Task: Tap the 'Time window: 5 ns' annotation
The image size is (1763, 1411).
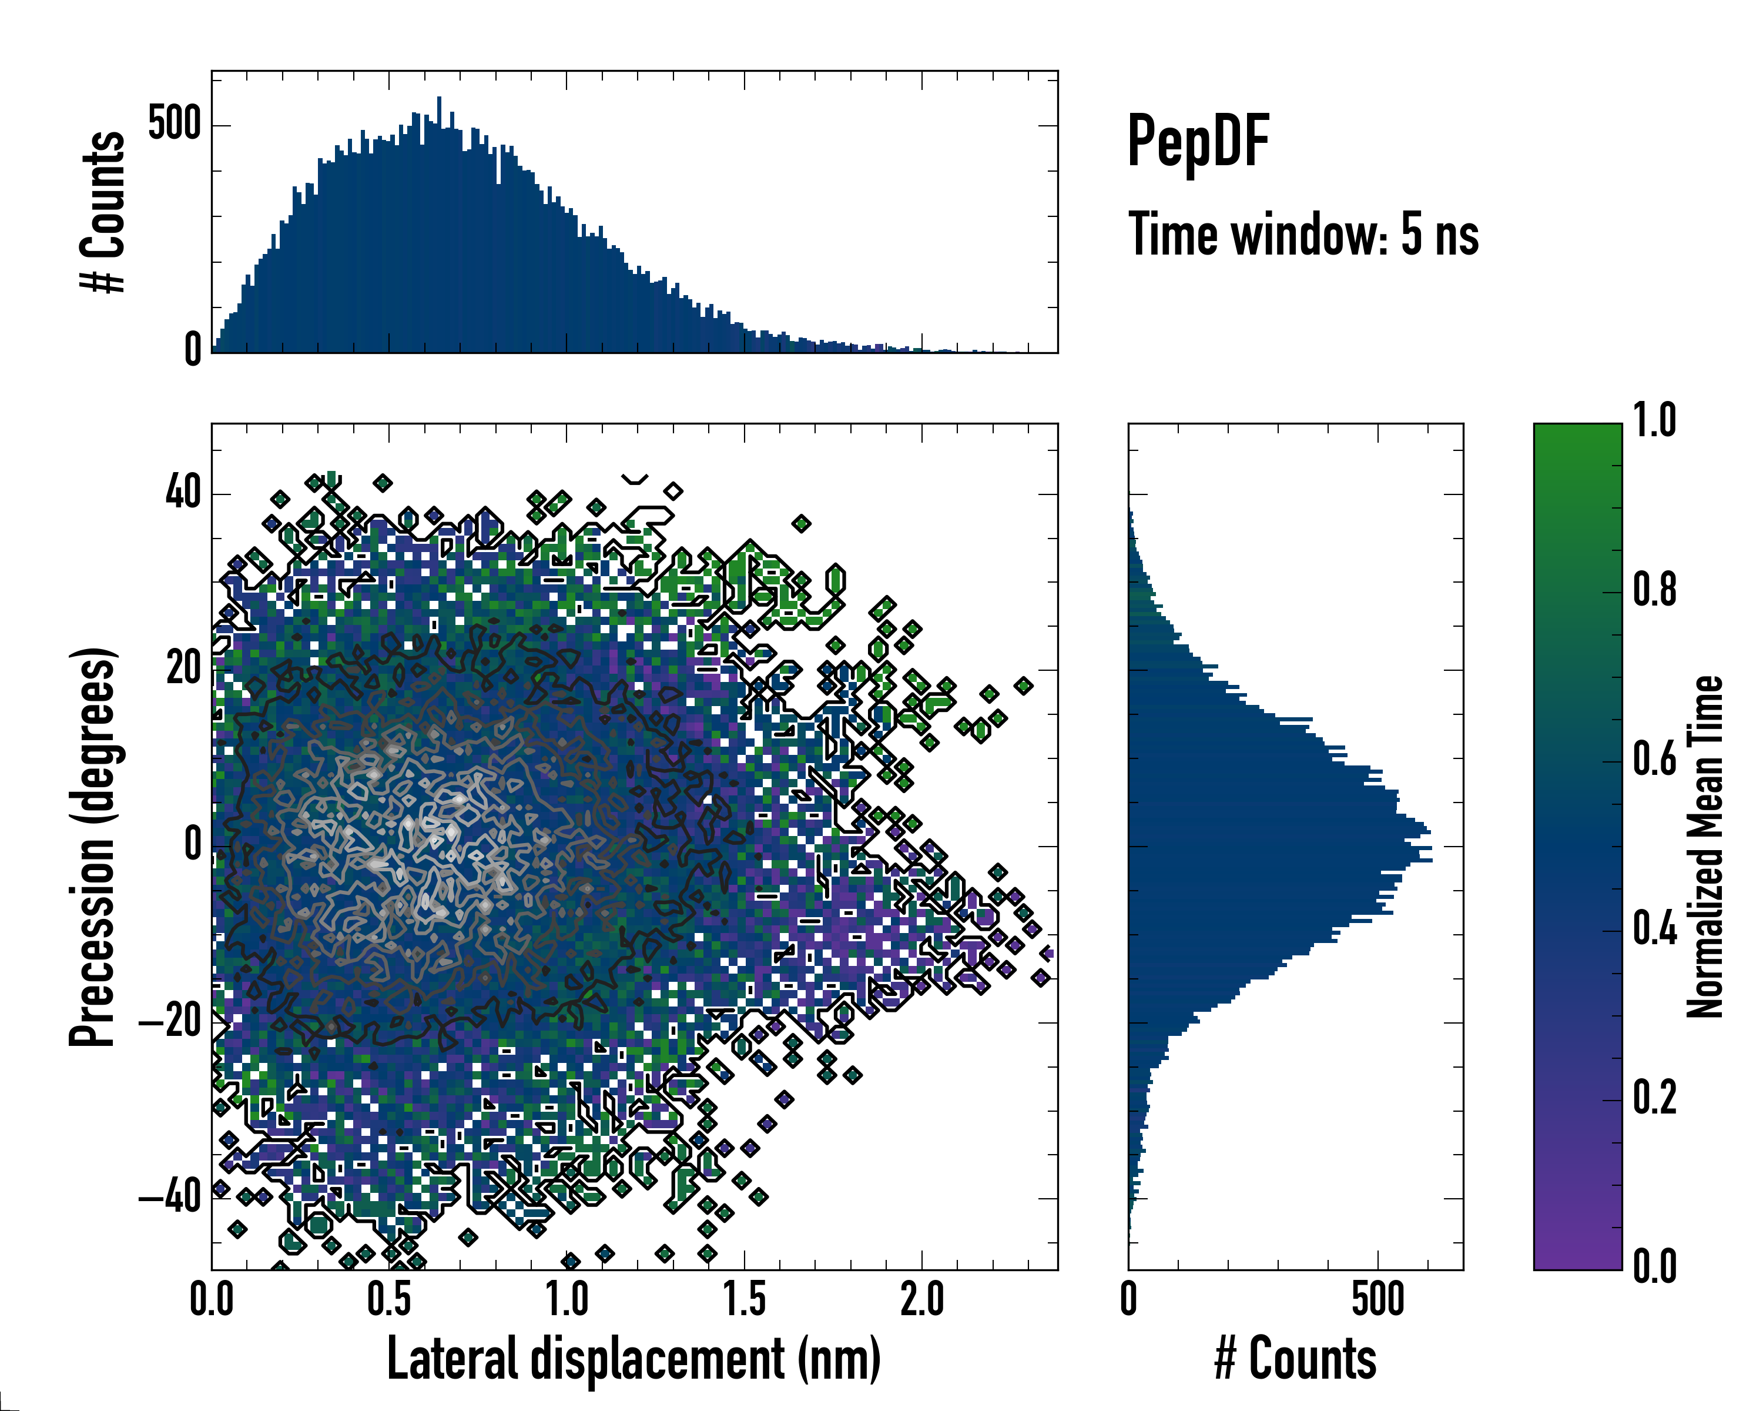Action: click(1303, 235)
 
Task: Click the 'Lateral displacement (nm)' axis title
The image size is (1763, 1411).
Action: click(634, 1359)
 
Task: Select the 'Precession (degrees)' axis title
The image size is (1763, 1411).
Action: click(92, 847)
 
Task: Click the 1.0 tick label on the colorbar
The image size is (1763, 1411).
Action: click(1654, 422)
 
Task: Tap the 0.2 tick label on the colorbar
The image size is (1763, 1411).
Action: click(1654, 1098)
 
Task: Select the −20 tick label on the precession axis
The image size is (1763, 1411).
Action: click(172, 1022)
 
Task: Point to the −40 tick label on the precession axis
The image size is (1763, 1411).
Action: click(172, 1198)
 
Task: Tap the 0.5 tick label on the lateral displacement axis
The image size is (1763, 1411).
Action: click(389, 1300)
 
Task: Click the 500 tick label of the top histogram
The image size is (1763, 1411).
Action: click(173, 125)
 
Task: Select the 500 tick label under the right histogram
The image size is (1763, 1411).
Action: click(1378, 1300)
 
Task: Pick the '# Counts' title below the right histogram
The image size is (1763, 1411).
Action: click(1295, 1359)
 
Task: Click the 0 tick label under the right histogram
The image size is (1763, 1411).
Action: click(1128, 1300)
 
